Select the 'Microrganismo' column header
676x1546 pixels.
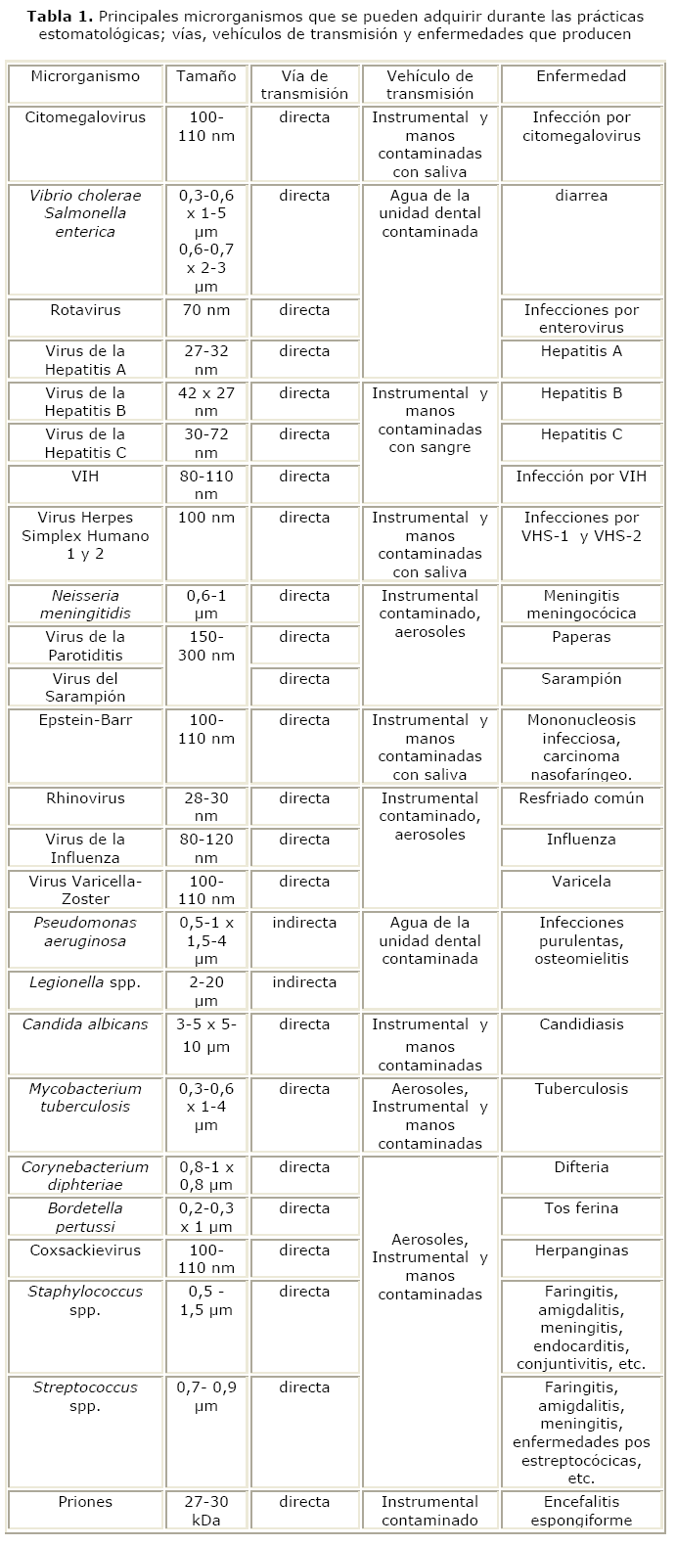click(85, 76)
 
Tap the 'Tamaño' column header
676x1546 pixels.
click(206, 76)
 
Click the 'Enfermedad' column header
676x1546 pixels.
click(581, 76)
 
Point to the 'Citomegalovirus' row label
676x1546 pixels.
click(85, 117)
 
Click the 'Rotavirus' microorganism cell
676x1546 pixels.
click(85, 310)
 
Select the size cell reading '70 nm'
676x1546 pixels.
click(206, 310)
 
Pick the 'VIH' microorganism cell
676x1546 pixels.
click(85, 477)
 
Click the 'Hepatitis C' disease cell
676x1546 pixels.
click(581, 434)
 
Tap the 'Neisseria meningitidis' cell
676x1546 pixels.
click(85, 605)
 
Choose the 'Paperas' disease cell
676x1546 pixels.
click(581, 637)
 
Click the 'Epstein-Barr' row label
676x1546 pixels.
click(85, 720)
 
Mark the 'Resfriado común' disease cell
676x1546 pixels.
click(581, 798)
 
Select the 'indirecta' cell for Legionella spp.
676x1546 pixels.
click(304, 982)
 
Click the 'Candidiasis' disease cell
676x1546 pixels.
click(581, 1024)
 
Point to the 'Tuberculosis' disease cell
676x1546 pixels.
click(581, 1089)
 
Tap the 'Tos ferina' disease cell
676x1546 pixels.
click(581, 1208)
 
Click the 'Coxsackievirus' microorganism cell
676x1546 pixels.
click(85, 1250)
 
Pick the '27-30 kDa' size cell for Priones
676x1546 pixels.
click(206, 1511)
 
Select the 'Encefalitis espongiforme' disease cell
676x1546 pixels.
click(581, 1511)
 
